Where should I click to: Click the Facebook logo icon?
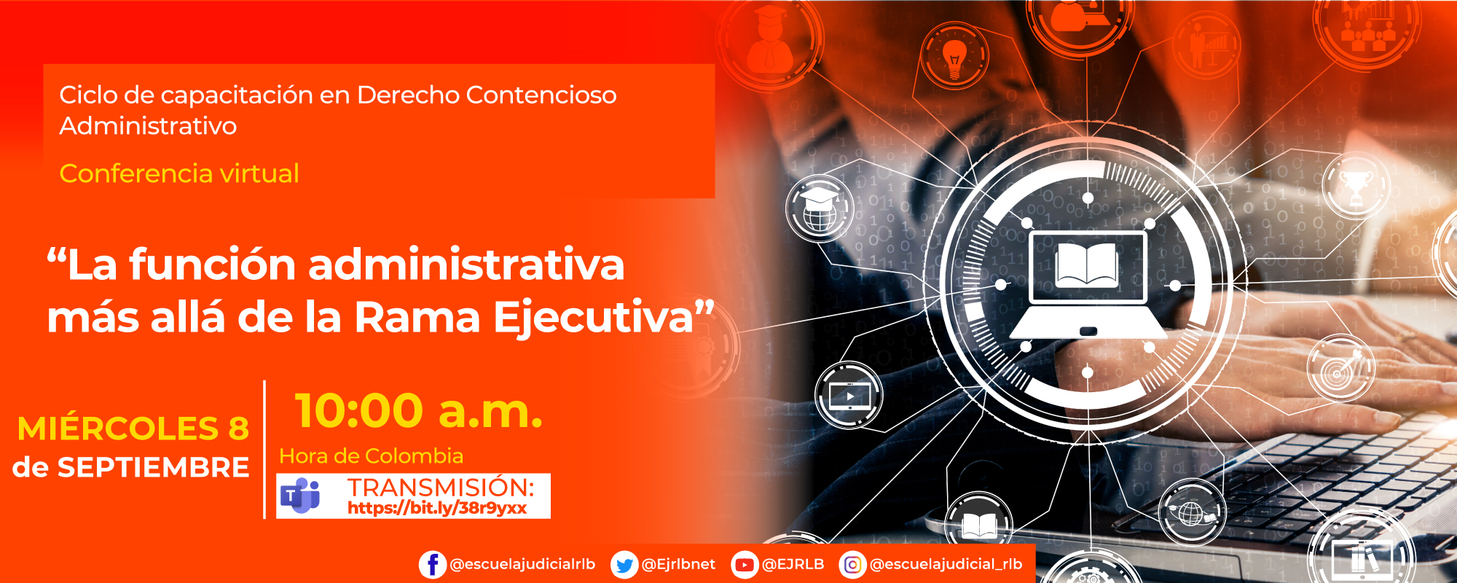click(x=432, y=565)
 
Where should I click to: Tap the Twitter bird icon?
click(x=624, y=565)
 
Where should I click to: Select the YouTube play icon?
click(x=744, y=565)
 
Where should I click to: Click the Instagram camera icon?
click(x=852, y=565)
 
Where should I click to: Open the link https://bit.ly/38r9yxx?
click(x=437, y=508)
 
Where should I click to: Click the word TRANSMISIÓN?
click(x=441, y=487)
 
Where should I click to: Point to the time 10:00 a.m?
click(x=418, y=411)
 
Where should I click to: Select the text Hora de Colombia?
click(x=372, y=456)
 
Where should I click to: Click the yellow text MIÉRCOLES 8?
click(x=133, y=429)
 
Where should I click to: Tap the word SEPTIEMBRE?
click(x=153, y=467)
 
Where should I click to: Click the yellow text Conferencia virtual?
click(x=179, y=173)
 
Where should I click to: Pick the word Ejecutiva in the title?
click(x=594, y=318)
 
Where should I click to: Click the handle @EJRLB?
click(x=793, y=565)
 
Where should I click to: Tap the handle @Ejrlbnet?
click(x=678, y=565)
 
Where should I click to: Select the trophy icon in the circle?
click(x=1356, y=186)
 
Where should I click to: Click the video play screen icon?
click(x=849, y=396)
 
